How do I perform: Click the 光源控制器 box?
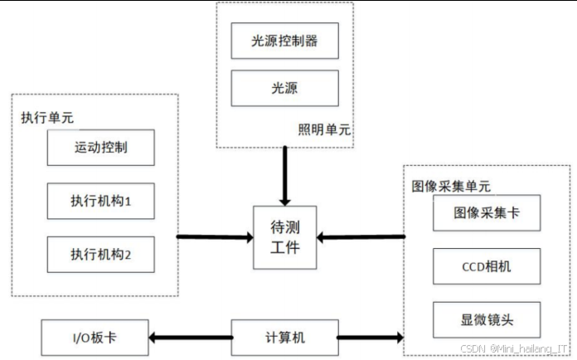click(x=284, y=41)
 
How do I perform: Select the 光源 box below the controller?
click(x=284, y=88)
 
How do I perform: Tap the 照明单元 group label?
click(x=324, y=130)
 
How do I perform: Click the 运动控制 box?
click(x=100, y=148)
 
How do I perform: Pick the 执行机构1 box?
click(x=100, y=201)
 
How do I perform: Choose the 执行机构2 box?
click(x=100, y=255)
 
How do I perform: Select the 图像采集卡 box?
click(x=487, y=214)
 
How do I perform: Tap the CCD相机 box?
click(x=487, y=266)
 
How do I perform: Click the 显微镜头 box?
click(x=487, y=319)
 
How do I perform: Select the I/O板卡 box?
click(x=95, y=338)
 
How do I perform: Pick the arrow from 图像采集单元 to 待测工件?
click(x=361, y=237)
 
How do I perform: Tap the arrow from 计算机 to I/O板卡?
click(x=191, y=338)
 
